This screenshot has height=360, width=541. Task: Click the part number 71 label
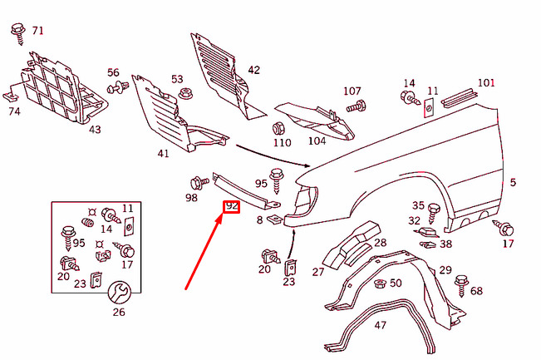pos(37,31)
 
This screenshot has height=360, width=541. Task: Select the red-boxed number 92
pos(231,206)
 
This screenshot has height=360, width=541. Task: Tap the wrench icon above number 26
pos(118,292)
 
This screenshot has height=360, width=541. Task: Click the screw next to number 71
pos(19,33)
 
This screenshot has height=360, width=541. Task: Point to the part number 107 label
pos(352,91)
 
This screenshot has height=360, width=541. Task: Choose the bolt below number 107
pos(357,106)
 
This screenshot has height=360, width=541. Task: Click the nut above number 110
pos(279,129)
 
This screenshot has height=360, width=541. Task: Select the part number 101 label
pos(486,83)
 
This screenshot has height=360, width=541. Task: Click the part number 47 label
pos(380,325)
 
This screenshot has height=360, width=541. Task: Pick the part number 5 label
pos(513,182)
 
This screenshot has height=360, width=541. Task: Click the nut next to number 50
pos(379,284)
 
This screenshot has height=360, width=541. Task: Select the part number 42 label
pos(253,70)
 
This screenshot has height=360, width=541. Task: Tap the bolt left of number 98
pos(199,182)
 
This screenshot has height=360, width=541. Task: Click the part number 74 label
pos(14,111)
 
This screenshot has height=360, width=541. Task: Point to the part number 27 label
pos(317,272)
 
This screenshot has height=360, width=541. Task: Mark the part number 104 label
pos(317,141)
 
